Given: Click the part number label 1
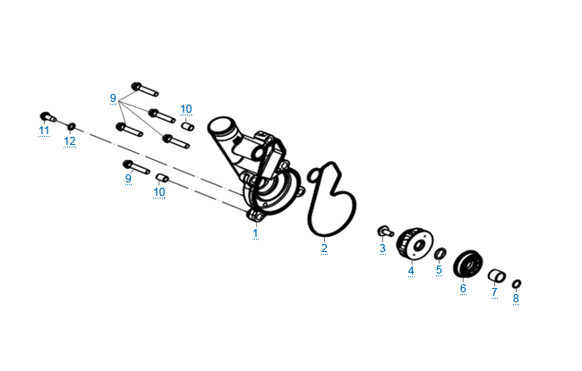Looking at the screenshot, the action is [x=255, y=233].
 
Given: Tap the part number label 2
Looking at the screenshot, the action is [x=324, y=249].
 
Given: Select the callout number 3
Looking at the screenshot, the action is [x=382, y=249].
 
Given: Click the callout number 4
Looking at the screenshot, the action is [x=411, y=271].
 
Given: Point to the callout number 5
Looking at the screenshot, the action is [x=439, y=269].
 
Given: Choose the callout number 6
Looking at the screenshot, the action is [x=463, y=289].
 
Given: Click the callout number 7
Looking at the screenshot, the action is [x=494, y=292].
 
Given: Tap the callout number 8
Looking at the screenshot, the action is [x=516, y=299].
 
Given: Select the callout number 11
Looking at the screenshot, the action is [x=44, y=131].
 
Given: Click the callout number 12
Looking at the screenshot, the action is [x=70, y=141].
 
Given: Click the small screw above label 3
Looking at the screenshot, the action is [x=386, y=232].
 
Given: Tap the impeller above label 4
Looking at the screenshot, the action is [x=415, y=243].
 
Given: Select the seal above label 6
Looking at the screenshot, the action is [x=468, y=264].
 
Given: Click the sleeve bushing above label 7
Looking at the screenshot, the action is [x=497, y=275].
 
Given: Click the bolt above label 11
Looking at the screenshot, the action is [x=47, y=117].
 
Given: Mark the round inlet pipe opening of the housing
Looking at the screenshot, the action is [x=220, y=125].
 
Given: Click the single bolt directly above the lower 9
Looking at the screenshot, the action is [x=136, y=167].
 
